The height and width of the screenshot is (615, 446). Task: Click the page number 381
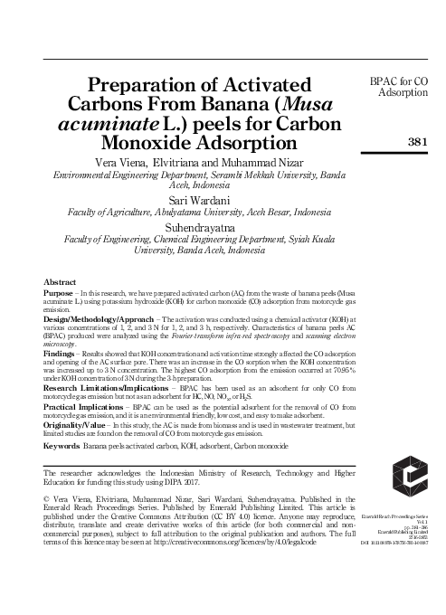[418, 141]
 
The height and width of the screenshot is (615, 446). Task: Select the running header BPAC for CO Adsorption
[404, 87]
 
